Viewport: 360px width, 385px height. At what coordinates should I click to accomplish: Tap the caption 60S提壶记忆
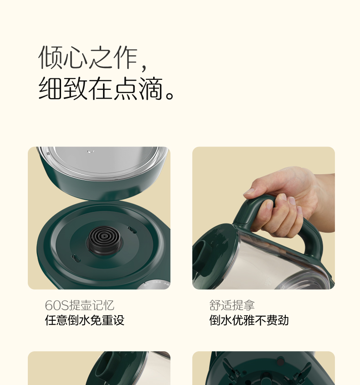click(79, 305)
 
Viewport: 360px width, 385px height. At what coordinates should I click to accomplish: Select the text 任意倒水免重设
click(85, 320)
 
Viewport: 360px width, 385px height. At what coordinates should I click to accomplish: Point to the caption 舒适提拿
click(232, 305)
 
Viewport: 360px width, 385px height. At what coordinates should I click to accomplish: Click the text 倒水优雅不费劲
click(249, 320)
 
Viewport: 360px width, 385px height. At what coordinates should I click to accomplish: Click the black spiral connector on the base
click(104, 240)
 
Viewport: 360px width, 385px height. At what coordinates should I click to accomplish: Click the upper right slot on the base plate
click(132, 230)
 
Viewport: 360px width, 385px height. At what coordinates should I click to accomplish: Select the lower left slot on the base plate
click(76, 258)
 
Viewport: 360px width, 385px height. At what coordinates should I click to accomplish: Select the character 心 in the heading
click(76, 57)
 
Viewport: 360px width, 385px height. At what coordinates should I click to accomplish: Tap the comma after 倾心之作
click(144, 66)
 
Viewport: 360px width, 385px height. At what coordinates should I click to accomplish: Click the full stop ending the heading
click(170, 95)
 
